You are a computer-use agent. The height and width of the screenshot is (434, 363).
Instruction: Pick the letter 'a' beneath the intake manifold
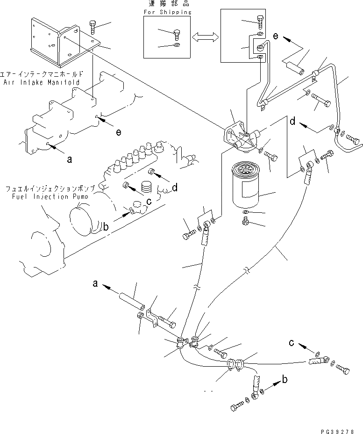[70, 159]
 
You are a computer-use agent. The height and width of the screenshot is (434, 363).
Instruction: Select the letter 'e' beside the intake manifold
[119, 133]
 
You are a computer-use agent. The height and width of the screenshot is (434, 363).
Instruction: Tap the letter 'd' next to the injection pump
[174, 188]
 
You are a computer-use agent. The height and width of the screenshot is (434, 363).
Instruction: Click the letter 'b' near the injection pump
[106, 227]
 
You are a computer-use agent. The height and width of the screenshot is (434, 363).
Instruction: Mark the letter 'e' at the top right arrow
[275, 35]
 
